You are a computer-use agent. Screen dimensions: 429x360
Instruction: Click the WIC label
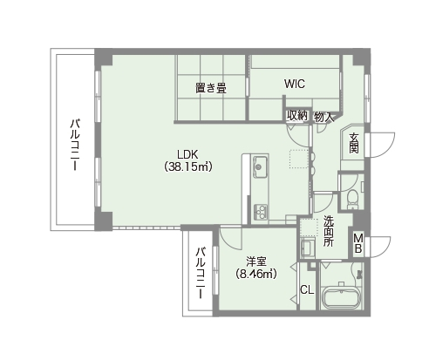pyautogui.click(x=295, y=84)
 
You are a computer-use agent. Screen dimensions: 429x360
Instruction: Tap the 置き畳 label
pyautogui.click(x=211, y=88)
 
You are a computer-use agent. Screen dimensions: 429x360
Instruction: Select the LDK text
pyautogui.click(x=187, y=154)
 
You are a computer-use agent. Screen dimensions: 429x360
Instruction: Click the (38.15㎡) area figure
pyautogui.click(x=187, y=166)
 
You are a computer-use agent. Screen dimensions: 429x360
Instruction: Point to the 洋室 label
pyautogui.click(x=256, y=262)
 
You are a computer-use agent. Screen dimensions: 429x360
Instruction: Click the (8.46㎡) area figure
pyautogui.click(x=256, y=274)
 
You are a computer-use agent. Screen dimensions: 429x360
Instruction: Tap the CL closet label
pyautogui.click(x=307, y=289)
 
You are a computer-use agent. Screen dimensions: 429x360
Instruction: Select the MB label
pyautogui.click(x=358, y=243)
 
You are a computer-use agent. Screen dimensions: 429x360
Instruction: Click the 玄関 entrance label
pyautogui.click(x=354, y=143)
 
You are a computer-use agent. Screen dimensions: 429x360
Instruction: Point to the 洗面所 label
pyautogui.click(x=329, y=231)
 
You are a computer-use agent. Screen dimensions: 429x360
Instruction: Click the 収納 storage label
pyautogui.click(x=297, y=116)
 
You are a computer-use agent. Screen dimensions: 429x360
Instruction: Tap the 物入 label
pyautogui.click(x=323, y=118)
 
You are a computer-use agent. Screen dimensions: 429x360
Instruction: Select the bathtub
pyautogui.click(x=342, y=297)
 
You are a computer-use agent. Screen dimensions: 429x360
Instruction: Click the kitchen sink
pyautogui.click(x=260, y=166)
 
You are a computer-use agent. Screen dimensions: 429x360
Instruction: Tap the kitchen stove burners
pyautogui.click(x=260, y=212)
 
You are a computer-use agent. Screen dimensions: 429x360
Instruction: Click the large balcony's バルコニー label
pyautogui.click(x=75, y=145)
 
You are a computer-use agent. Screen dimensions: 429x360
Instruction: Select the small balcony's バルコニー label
pyautogui.click(x=201, y=273)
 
